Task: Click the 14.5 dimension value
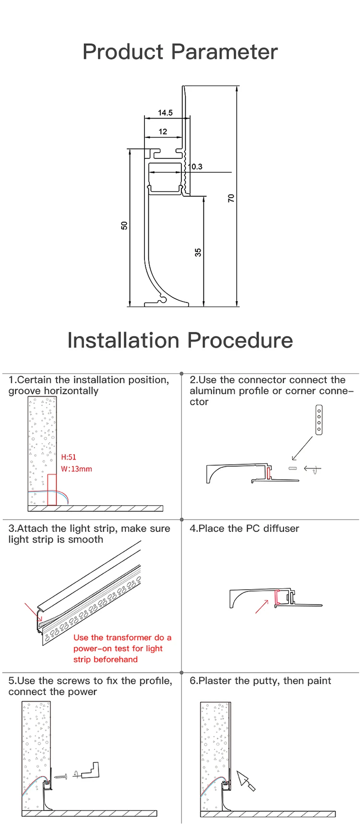[x=165, y=113]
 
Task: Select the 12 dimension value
[x=163, y=132]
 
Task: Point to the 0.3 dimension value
[x=197, y=167]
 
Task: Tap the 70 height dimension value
[x=231, y=198]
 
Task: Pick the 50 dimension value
[x=124, y=225]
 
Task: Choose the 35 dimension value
[x=198, y=252]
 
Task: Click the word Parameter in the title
[x=224, y=52]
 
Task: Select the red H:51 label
[x=69, y=457]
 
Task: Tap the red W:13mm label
[x=76, y=469]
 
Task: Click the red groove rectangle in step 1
[x=52, y=490]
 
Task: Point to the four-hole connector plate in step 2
[x=319, y=420]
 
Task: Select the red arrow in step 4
[x=262, y=606]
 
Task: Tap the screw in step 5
[x=60, y=776]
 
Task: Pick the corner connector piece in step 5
[x=91, y=770]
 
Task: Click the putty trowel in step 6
[x=246, y=781]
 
